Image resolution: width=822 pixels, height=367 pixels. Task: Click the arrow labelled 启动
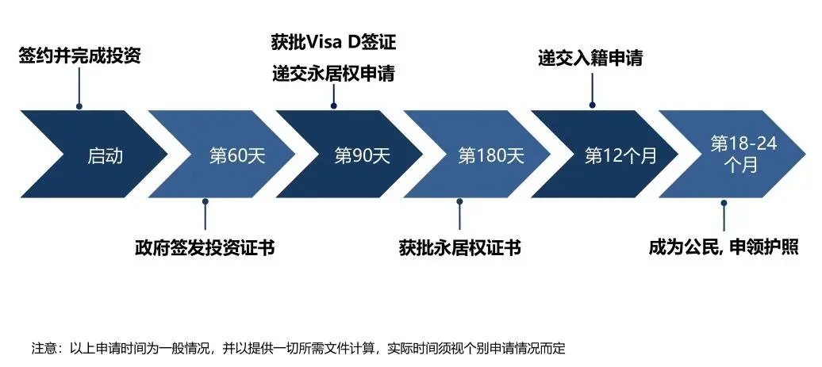coord(105,154)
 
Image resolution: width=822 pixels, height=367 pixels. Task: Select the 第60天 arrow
coord(231,154)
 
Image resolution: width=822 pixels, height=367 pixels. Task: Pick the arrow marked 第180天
coord(486,154)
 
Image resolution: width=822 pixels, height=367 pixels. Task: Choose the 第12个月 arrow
coord(613,154)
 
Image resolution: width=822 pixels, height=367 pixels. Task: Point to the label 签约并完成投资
coord(79,55)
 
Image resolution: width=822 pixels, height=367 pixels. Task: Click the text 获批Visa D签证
coord(333,42)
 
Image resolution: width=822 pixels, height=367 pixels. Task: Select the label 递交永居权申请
coord(333,74)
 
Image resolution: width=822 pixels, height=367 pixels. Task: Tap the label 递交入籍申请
coord(590,58)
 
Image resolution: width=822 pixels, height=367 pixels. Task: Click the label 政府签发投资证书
coord(205,247)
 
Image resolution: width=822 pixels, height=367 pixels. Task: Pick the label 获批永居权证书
coord(459,247)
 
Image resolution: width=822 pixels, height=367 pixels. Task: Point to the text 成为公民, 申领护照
coord(724,247)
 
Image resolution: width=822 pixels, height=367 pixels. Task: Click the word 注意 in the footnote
coord(43,348)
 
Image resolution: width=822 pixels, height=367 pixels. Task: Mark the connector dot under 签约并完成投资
coord(79,105)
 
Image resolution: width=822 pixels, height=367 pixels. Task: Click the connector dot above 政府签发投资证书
coord(205,201)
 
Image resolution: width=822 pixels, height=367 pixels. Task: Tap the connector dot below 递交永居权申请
coord(333,105)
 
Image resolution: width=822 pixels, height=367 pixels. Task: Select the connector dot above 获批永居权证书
coord(459,201)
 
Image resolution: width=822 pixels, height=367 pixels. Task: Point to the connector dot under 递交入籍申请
coord(593,105)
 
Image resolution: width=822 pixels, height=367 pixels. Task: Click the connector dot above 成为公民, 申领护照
coord(724,203)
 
